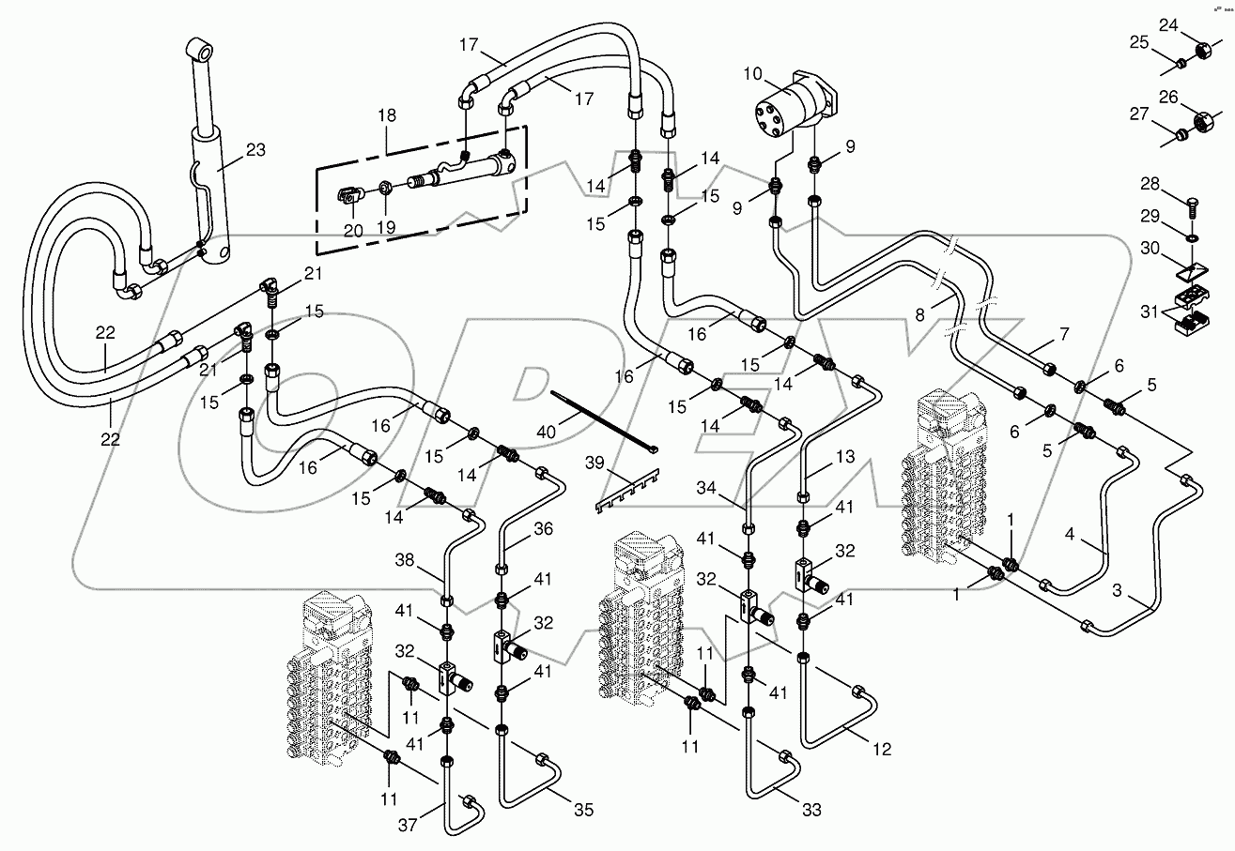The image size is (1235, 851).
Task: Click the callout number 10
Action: click(x=753, y=72)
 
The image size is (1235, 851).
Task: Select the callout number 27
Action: click(x=1138, y=114)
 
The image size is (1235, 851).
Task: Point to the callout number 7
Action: click(x=1063, y=333)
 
